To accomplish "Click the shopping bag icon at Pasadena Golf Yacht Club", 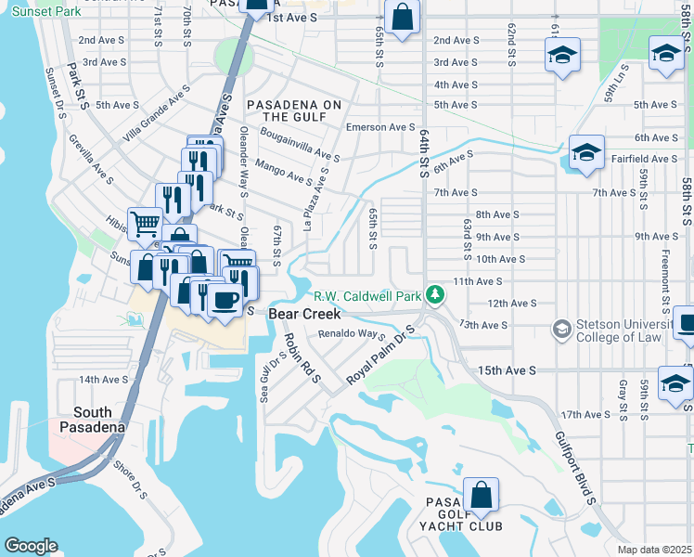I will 481,496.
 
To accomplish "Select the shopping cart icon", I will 145,223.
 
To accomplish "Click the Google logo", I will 31,545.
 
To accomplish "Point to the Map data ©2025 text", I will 654,550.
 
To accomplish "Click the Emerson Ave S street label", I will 379,127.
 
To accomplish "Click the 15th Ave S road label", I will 507,370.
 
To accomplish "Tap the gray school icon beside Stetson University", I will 560,330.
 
